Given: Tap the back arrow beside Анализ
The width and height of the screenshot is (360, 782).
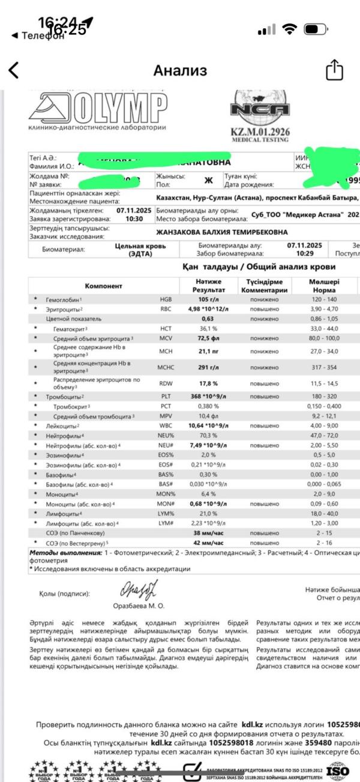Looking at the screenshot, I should click(13, 71).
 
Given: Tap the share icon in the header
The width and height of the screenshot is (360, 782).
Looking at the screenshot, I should click(334, 71).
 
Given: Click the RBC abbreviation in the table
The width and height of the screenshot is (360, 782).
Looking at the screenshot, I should click(166, 308).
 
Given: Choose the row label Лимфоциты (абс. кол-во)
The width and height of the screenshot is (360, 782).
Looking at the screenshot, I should click(83, 523).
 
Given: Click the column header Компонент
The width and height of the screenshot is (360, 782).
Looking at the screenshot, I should click(103, 286).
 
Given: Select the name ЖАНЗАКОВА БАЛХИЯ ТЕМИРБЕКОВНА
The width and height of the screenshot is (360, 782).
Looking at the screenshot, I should click(221, 232).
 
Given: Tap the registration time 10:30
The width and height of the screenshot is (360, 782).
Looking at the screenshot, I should click(134, 220).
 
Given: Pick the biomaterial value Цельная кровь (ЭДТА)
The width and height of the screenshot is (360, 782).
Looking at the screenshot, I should click(134, 250).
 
